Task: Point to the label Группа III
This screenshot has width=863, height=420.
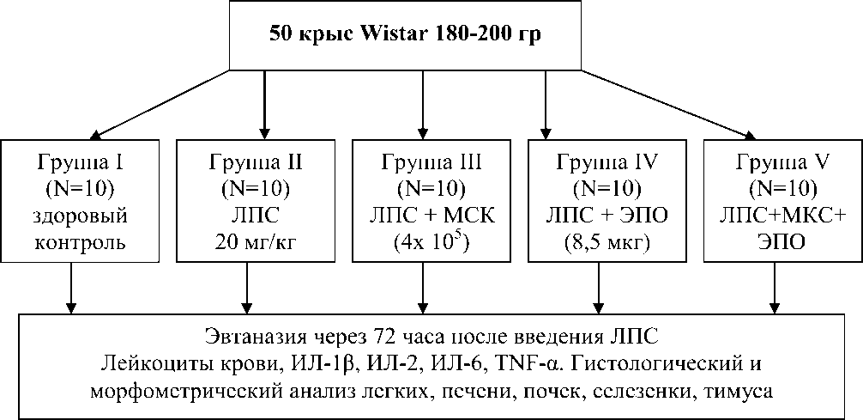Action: (x=433, y=161)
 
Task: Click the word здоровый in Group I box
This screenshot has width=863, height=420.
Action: (x=85, y=215)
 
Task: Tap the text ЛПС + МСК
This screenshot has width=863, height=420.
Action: (x=432, y=215)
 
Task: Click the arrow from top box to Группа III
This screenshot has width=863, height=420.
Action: (x=422, y=103)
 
